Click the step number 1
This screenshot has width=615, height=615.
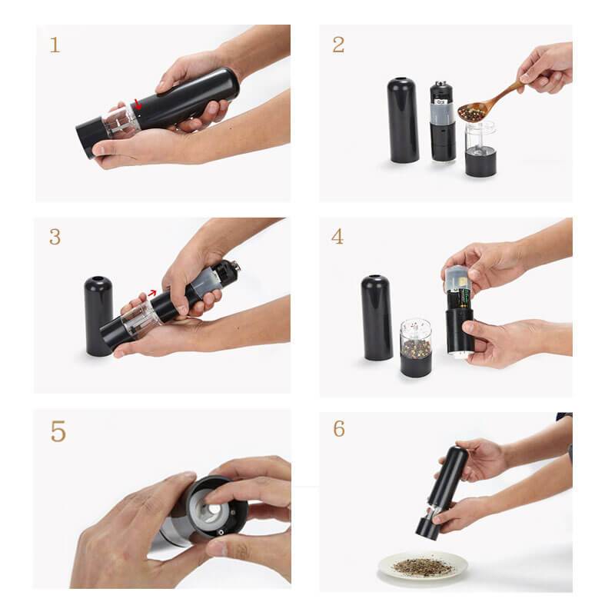tap(55, 45)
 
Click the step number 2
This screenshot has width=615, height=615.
tap(338, 45)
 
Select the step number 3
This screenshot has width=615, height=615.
tap(55, 237)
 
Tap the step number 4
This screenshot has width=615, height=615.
tap(337, 236)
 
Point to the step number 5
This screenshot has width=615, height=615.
tap(58, 431)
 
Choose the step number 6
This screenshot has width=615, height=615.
tap(338, 429)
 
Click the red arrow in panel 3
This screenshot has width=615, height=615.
tap(154, 293)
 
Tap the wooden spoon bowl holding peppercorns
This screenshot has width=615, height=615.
tap(471, 112)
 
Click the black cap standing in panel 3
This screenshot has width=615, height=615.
tap(98, 315)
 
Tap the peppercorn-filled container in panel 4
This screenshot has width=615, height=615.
tap(416, 347)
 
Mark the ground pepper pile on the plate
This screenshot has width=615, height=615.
tap(422, 566)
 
